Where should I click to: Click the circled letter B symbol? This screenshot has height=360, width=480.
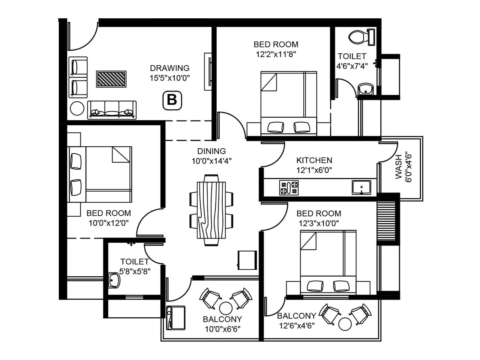172,100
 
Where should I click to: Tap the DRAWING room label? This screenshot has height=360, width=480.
169,68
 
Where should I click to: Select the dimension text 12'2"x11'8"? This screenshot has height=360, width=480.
276,54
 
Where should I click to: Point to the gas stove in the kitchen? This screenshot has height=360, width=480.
289,187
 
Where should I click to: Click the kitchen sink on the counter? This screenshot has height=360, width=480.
361,187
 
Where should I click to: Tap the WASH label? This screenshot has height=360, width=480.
398,167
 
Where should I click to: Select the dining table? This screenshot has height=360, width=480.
211,210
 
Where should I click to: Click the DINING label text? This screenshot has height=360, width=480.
211,151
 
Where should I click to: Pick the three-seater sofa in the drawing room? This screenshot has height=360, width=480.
112,110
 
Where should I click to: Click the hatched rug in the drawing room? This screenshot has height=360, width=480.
111,79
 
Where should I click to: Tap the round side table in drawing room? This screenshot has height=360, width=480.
77,108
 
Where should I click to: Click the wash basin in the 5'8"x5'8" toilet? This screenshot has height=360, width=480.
114,280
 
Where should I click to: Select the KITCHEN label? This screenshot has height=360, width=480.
314,160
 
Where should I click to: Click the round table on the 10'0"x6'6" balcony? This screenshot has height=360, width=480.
226,308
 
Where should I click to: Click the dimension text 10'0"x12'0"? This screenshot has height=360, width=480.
109,223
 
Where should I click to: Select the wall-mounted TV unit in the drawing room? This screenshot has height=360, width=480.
208,71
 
